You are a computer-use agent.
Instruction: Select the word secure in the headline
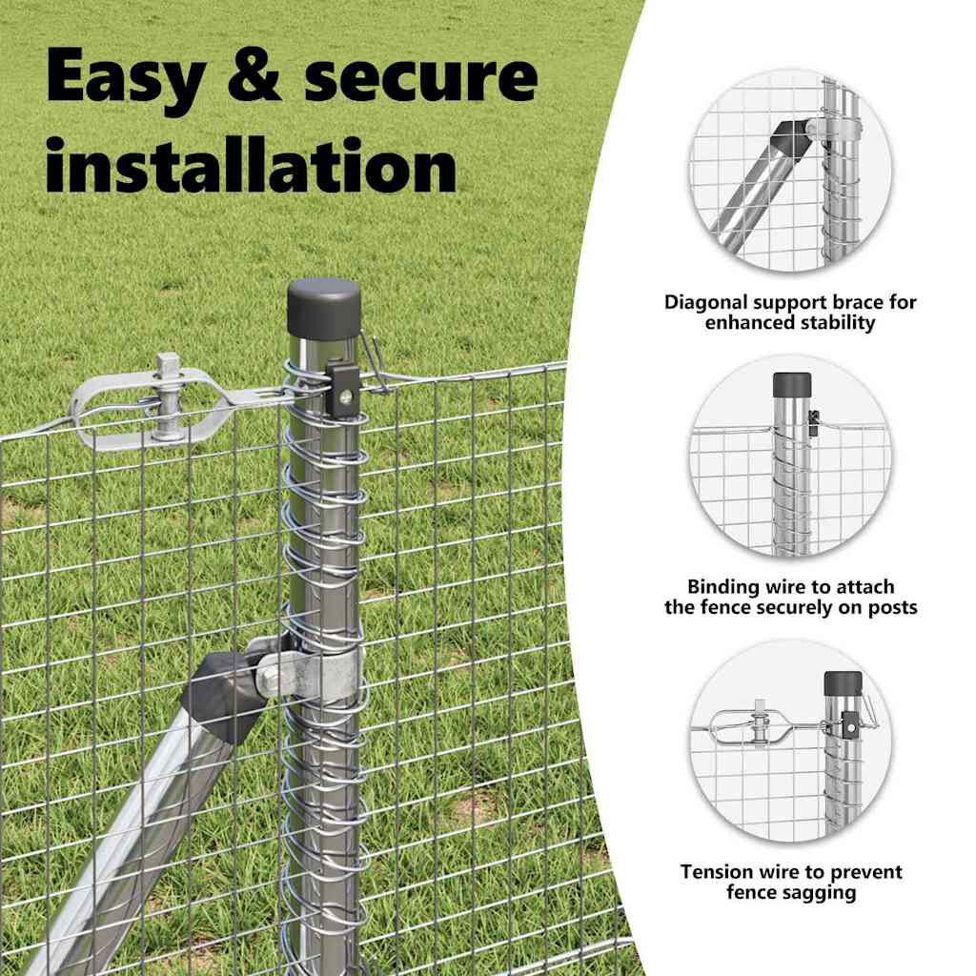click(420, 78)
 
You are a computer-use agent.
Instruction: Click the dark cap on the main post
click(324, 309)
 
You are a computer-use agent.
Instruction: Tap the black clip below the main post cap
click(342, 390)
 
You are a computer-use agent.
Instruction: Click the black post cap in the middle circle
click(792, 385)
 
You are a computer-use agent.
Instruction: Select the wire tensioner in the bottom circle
click(753, 725)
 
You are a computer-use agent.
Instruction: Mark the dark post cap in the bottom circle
click(843, 683)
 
